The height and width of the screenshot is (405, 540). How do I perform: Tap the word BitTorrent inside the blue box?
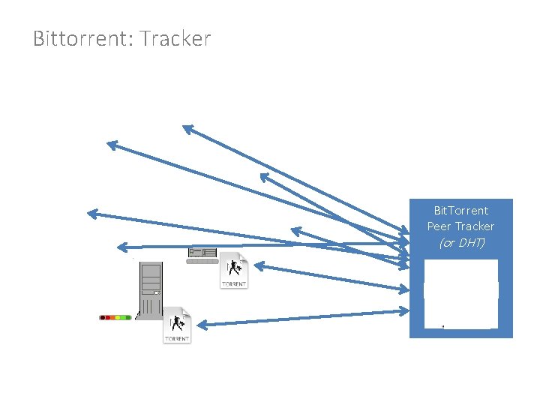[x=460, y=211]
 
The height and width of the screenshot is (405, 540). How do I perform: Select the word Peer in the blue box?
[x=439, y=226]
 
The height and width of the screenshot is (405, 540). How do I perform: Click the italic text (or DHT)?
[x=460, y=242]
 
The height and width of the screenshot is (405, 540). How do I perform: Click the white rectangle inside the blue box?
[x=460, y=293]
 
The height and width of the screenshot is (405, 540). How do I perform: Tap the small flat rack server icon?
[x=202, y=255]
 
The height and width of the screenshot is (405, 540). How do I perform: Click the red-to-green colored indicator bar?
[x=115, y=317]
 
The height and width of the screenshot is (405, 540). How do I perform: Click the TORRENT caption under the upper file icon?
[x=234, y=284]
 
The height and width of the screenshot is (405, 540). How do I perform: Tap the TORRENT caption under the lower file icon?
[x=177, y=339]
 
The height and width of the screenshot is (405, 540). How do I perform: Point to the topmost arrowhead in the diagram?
[x=187, y=128]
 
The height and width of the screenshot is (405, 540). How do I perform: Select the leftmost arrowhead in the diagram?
[x=91, y=213]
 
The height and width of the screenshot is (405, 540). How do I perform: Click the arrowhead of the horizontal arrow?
[x=121, y=246]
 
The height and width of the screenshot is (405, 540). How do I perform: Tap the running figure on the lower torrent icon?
[x=178, y=322]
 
